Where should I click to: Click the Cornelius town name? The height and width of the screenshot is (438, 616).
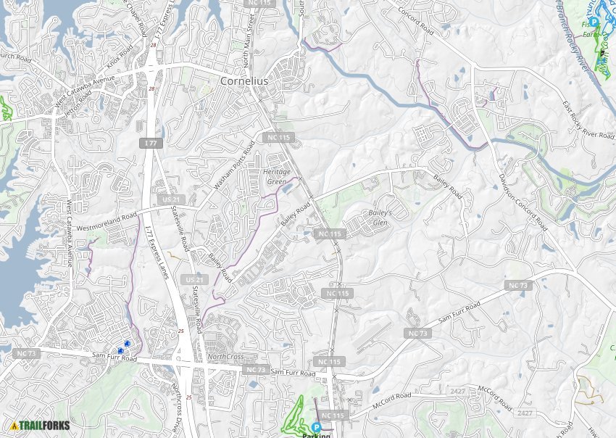click(244, 81)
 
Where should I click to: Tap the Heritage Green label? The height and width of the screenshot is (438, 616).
click(275, 176)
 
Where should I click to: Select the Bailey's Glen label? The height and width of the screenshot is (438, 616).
click(380, 218)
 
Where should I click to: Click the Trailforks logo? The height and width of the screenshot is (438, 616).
click(41, 425)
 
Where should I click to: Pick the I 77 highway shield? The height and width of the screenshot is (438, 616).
click(150, 144)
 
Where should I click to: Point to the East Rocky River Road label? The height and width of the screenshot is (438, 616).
click(588, 122)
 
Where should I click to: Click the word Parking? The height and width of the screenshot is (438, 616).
click(316, 435)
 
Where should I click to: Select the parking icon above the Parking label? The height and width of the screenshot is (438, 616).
click(316, 427)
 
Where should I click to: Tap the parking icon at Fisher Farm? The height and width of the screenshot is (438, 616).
click(594, 22)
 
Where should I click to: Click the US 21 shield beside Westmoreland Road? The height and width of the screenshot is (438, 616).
click(171, 199)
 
